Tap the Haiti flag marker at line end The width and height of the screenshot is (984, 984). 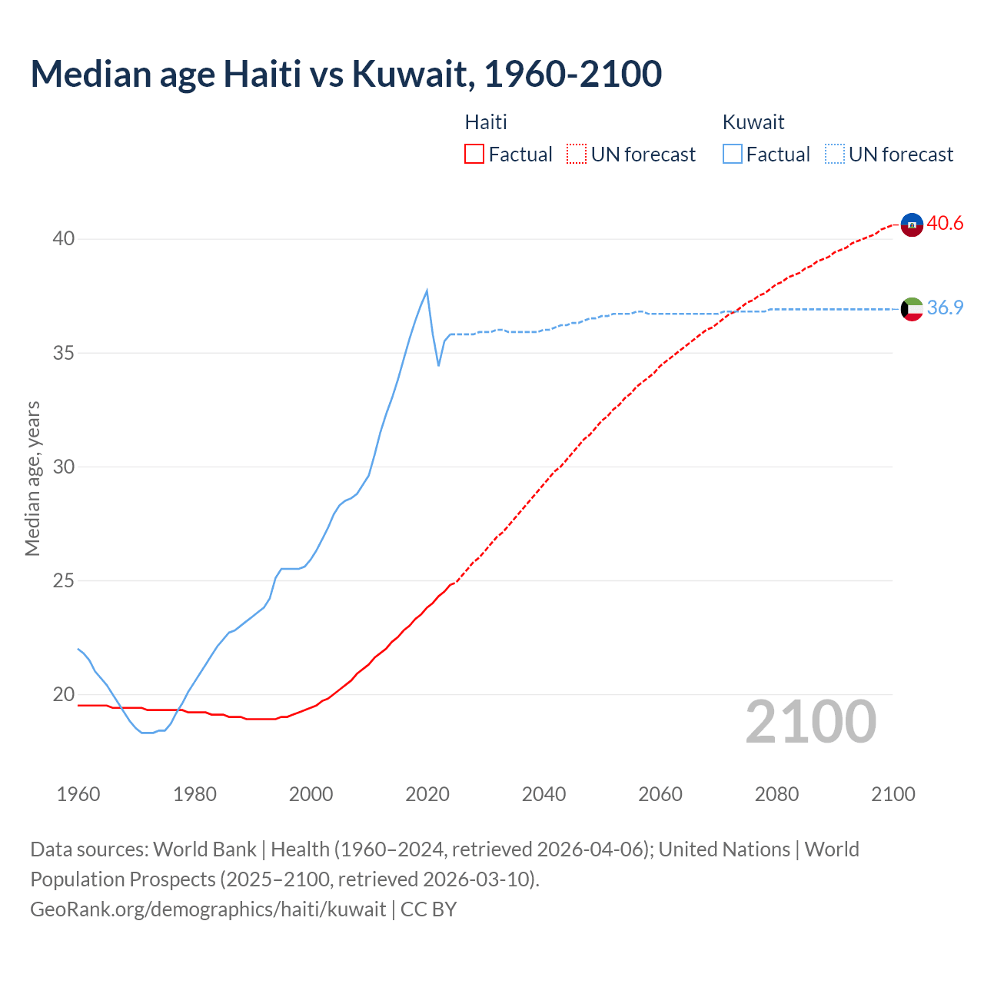click(x=912, y=224)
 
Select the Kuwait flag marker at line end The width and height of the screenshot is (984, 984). click(x=912, y=309)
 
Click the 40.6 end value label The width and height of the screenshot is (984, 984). click(x=945, y=224)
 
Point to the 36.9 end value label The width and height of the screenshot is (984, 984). click(x=945, y=308)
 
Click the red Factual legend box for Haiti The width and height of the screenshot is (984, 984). click(x=474, y=155)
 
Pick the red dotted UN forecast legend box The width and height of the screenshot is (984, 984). click(x=577, y=155)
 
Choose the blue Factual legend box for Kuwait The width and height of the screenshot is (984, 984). click(x=733, y=155)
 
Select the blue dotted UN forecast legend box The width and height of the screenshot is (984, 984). click(x=835, y=155)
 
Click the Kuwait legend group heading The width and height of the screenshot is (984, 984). click(x=753, y=122)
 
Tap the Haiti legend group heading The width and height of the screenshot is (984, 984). click(x=486, y=122)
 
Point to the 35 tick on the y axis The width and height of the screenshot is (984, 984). click(x=63, y=353)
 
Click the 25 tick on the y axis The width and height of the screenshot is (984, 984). click(x=63, y=580)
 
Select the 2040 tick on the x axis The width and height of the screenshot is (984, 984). click(x=544, y=794)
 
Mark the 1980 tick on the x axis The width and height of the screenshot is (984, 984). click(x=194, y=794)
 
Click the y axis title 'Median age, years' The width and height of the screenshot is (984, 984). click(x=32, y=478)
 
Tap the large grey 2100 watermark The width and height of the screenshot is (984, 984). click(x=811, y=722)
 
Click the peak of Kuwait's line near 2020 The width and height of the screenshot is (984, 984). click(x=427, y=291)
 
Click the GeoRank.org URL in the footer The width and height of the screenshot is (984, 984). click(x=208, y=909)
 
